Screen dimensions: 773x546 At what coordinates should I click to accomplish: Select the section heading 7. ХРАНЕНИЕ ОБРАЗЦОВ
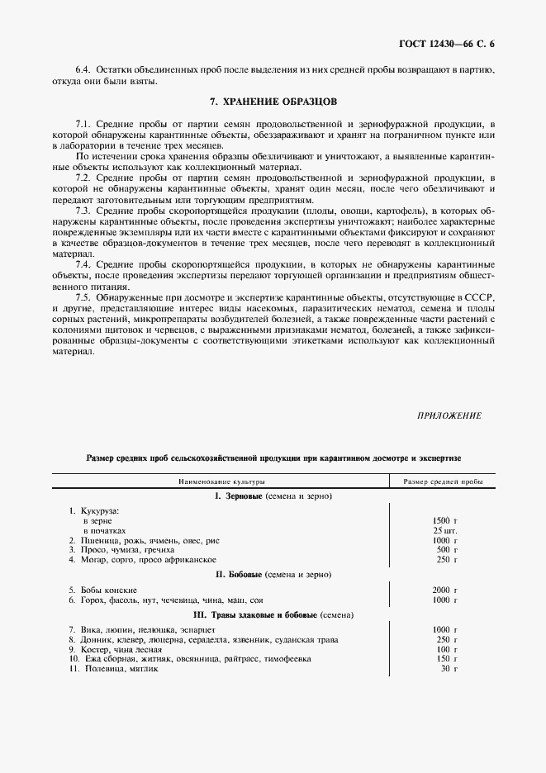click(x=273, y=102)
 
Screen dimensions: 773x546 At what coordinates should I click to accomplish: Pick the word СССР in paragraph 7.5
click(x=478, y=295)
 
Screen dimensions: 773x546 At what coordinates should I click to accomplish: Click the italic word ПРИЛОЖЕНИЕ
click(x=449, y=415)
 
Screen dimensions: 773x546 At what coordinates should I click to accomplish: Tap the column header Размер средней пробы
click(x=443, y=481)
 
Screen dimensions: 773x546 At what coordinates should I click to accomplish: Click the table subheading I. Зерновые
click(x=273, y=496)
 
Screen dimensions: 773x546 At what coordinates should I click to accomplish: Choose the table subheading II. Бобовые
click(x=273, y=573)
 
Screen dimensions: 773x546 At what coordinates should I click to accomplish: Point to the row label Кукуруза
click(x=97, y=511)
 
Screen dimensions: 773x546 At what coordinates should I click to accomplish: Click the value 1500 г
click(x=444, y=520)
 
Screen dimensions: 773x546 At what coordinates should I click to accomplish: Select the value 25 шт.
click(x=444, y=529)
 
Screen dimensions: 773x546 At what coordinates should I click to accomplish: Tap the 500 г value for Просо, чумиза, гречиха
click(x=445, y=549)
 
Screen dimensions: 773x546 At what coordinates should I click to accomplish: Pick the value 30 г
click(x=449, y=668)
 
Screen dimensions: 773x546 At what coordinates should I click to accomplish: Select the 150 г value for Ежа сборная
click(x=445, y=658)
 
